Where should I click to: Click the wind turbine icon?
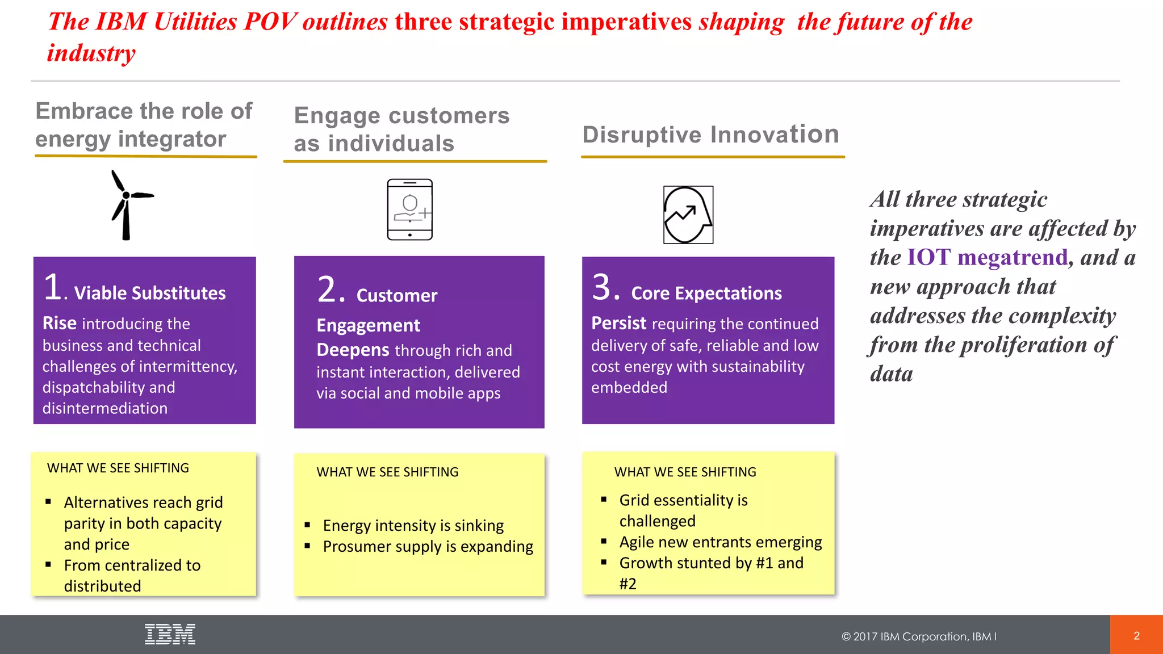(x=128, y=205)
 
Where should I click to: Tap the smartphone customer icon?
(x=409, y=209)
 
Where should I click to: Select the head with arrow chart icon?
(x=688, y=215)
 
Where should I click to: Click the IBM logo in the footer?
(x=170, y=634)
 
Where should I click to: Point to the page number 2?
(x=1136, y=635)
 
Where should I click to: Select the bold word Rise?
(x=59, y=323)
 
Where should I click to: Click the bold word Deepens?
(x=353, y=350)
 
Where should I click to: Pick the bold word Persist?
(x=618, y=323)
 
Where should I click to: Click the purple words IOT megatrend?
(x=987, y=257)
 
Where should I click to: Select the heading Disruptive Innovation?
(x=710, y=135)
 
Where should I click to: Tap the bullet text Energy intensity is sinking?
(x=413, y=525)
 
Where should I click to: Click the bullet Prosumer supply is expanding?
(x=428, y=546)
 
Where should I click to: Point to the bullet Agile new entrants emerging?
(x=720, y=542)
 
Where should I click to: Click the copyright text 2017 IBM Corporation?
(x=918, y=636)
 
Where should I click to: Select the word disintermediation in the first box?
(x=105, y=408)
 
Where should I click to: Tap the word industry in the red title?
(x=91, y=53)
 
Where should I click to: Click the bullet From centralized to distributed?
(x=131, y=575)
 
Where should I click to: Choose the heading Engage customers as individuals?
(x=401, y=129)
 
